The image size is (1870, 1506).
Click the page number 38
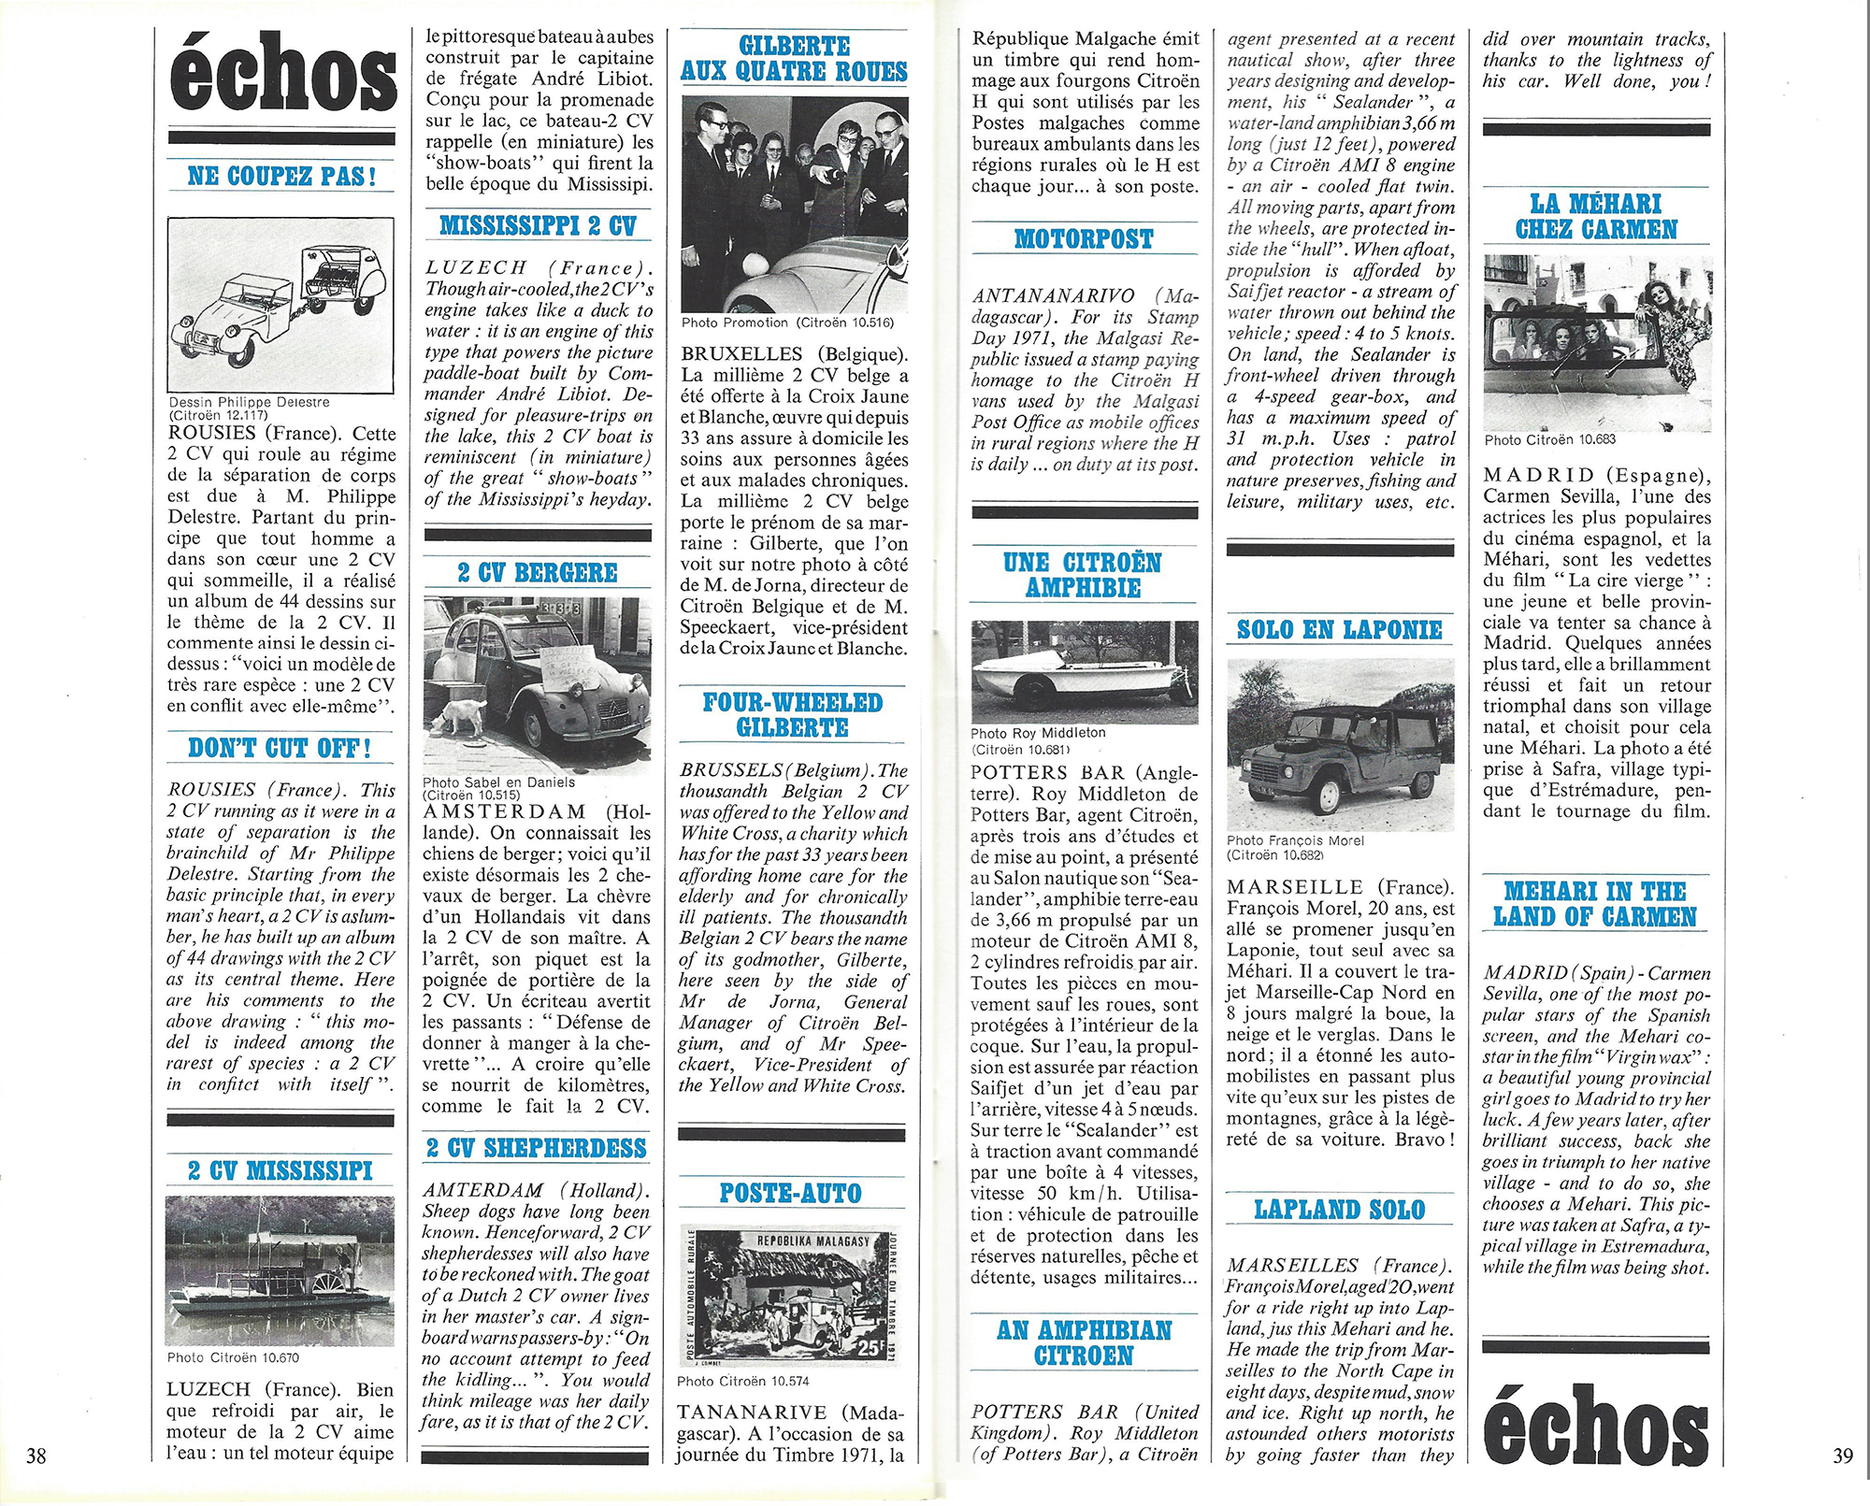[x=36, y=1456]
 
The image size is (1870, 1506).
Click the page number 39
[x=1843, y=1456]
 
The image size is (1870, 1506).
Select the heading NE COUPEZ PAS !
[x=281, y=176]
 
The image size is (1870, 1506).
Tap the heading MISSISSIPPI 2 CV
[x=538, y=225]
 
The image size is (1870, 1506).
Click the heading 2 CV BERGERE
[x=538, y=572]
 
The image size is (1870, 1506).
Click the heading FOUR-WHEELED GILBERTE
[x=793, y=714]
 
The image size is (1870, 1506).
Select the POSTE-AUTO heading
[x=790, y=1192]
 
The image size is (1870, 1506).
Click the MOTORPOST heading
[x=1084, y=238]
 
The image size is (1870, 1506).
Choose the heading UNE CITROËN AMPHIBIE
[x=1083, y=574]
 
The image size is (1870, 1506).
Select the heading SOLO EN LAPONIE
[x=1340, y=629]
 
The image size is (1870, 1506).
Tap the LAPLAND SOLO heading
[x=1340, y=1209]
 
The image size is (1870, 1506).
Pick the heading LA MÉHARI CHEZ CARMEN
[x=1596, y=216]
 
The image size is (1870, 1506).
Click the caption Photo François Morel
[x=1295, y=840]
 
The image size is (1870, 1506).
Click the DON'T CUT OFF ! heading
[x=280, y=748]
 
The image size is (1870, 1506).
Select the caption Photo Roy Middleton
[x=1038, y=733]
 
